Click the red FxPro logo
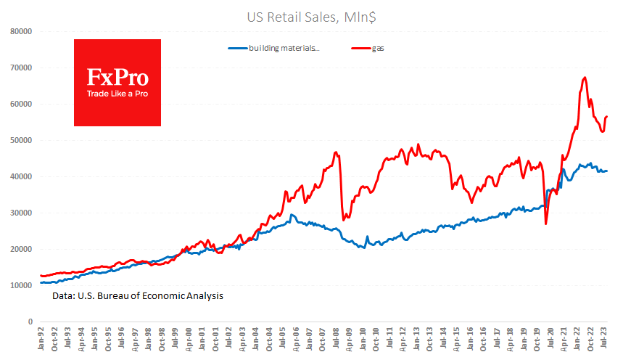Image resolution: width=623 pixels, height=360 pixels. click(x=117, y=82)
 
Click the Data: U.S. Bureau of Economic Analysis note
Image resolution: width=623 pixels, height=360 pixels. click(x=138, y=296)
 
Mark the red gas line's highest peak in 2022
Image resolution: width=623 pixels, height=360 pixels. click(x=585, y=78)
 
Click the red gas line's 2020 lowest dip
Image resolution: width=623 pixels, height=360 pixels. click(x=545, y=224)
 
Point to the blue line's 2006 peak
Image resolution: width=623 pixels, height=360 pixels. click(x=292, y=215)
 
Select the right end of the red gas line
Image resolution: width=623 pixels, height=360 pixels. click(x=607, y=117)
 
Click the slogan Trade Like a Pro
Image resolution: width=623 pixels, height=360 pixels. click(x=117, y=94)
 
